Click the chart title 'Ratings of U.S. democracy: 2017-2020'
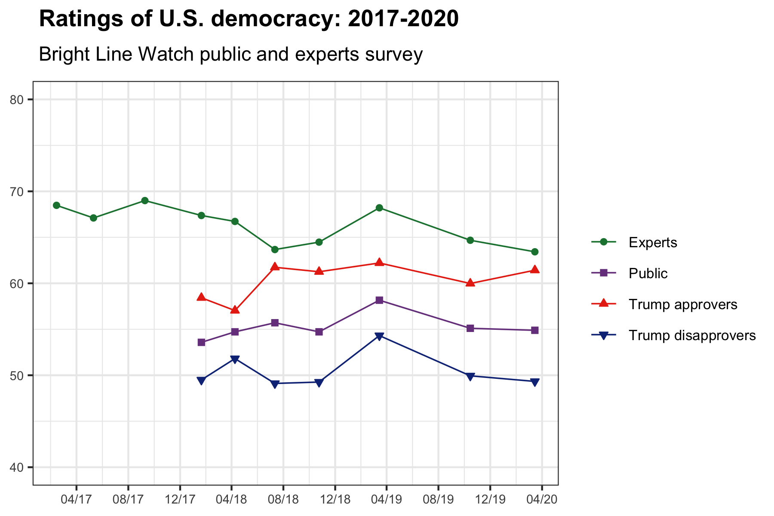point(249,19)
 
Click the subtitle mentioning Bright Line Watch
point(230,55)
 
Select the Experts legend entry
point(652,243)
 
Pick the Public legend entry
point(648,273)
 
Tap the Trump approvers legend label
point(682,304)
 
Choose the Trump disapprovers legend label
point(692,335)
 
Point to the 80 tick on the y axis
point(15,100)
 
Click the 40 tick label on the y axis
point(15,467)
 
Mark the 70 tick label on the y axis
point(15,191)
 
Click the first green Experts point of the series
point(56,206)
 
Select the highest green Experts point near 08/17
point(145,201)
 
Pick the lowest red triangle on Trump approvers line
point(235,310)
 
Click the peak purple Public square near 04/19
point(379,300)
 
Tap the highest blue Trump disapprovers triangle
point(379,336)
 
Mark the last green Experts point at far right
point(534,252)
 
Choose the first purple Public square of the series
point(201,342)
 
